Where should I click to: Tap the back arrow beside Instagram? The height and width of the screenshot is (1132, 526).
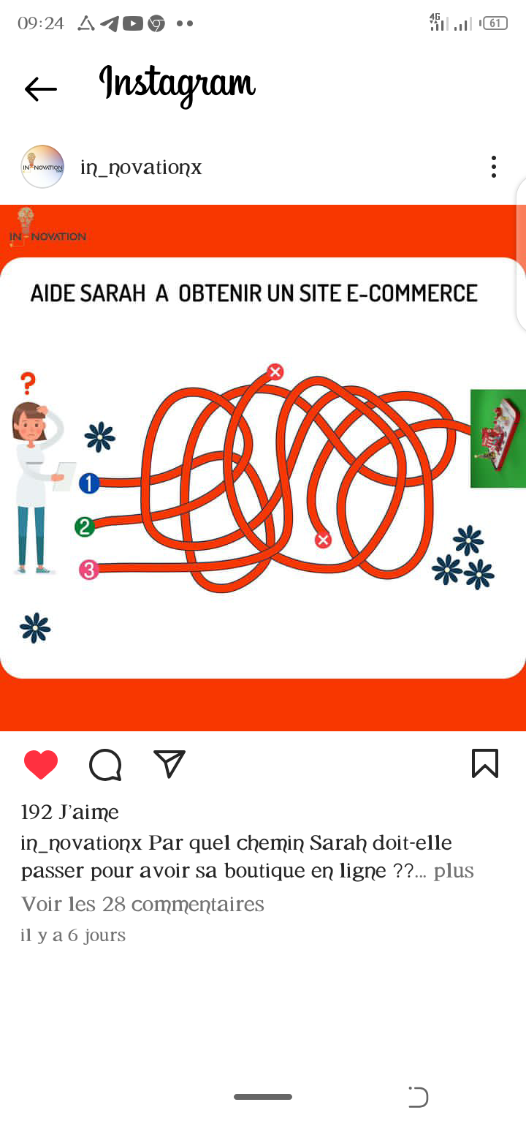[41, 89]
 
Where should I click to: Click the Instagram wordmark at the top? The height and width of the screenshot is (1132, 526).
[178, 85]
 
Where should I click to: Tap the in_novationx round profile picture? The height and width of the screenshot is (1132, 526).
[42, 167]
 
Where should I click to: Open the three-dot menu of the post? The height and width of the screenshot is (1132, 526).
[494, 167]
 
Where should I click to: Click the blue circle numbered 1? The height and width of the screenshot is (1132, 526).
[89, 483]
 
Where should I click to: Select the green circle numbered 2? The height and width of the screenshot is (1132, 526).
[85, 527]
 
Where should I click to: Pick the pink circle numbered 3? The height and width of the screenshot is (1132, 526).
[89, 570]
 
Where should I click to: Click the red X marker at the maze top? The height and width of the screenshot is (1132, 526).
[275, 372]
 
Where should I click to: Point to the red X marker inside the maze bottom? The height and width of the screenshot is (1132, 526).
[323, 540]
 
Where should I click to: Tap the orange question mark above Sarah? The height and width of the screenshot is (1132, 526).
[28, 383]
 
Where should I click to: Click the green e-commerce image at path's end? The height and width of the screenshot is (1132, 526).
[498, 438]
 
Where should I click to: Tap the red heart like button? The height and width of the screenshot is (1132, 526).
[41, 764]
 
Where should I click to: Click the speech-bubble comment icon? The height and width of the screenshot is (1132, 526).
[105, 765]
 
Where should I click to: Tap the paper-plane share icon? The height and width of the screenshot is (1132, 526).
[169, 763]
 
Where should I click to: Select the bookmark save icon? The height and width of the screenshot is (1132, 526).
[485, 763]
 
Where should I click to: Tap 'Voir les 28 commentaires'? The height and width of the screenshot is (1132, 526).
[142, 904]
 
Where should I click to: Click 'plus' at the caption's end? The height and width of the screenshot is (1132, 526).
[453, 871]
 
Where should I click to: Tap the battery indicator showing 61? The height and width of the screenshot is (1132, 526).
[495, 23]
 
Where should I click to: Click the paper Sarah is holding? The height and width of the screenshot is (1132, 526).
[64, 476]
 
